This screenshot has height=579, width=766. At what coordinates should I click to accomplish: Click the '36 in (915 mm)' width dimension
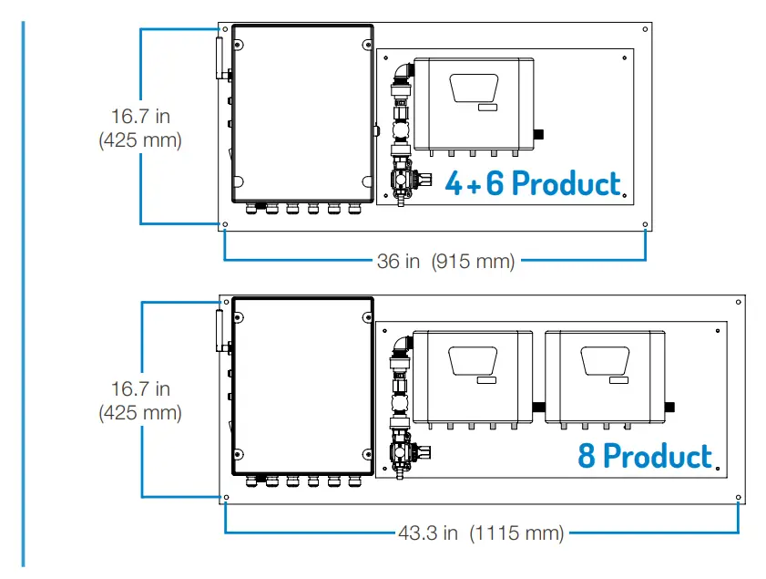446,262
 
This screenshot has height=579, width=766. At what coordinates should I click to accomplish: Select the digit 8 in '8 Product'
587,455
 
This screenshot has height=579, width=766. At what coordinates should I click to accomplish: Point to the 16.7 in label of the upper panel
140,117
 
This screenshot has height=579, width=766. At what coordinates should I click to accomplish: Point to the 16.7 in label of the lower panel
140,388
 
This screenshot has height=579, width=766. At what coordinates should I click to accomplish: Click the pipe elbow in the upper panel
402,72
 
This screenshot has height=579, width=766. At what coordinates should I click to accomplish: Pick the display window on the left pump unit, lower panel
474,362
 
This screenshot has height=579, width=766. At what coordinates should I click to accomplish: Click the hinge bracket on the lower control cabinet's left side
220,330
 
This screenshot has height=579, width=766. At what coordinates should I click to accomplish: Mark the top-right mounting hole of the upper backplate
645,30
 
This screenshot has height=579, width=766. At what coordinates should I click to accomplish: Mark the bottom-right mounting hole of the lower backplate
738,498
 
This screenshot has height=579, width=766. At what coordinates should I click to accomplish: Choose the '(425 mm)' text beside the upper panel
140,140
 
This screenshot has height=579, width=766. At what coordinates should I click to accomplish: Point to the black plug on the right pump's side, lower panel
673,406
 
